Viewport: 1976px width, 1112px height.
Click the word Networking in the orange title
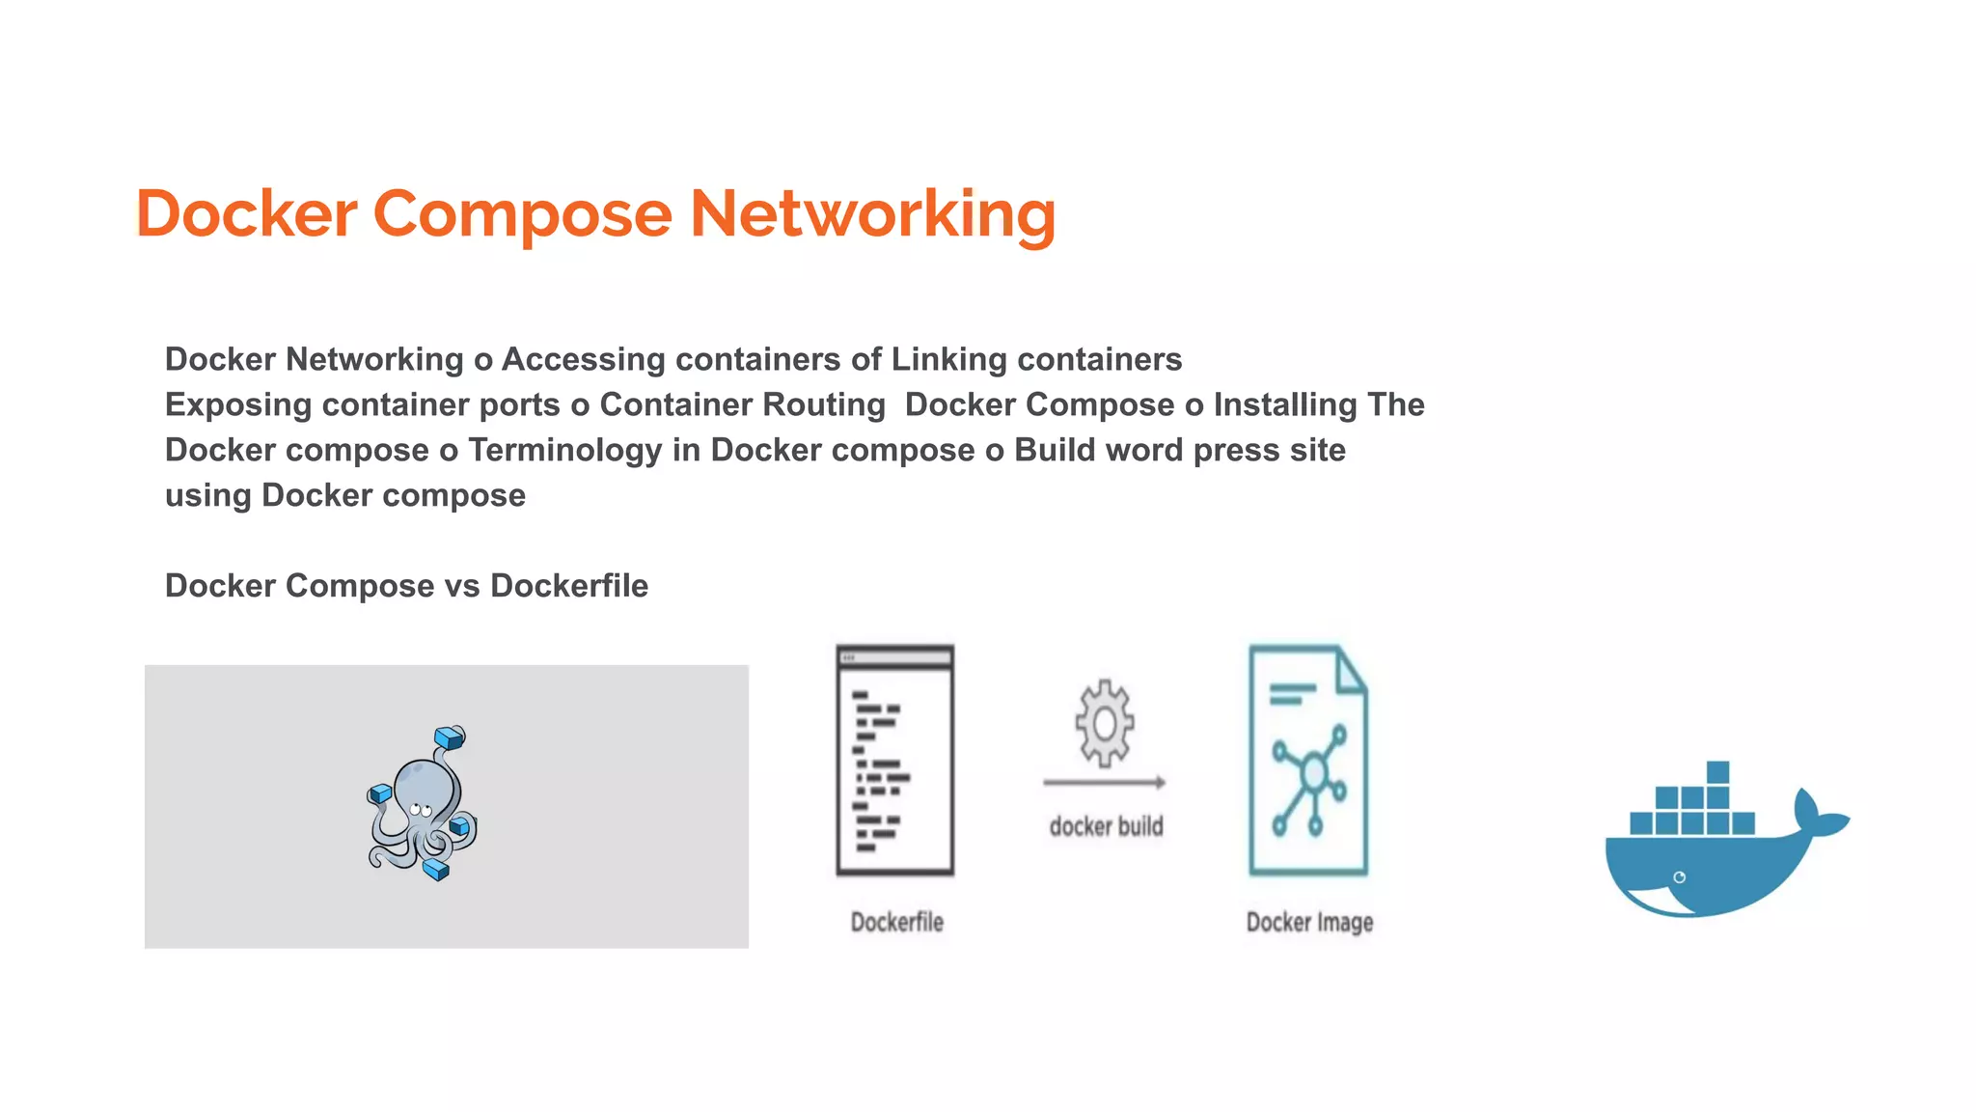tap(872, 213)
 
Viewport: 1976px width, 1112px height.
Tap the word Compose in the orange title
tap(522, 213)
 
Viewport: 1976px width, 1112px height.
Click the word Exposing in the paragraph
tap(238, 404)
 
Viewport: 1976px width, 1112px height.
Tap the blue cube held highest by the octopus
tap(450, 738)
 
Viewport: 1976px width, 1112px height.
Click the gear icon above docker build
tap(1105, 723)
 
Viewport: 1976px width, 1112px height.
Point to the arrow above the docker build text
tap(1105, 782)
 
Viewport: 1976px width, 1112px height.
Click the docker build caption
tap(1106, 826)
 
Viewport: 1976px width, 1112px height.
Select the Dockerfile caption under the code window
tap(896, 922)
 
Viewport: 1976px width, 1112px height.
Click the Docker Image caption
tap(1309, 922)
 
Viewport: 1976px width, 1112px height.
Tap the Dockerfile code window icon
tap(894, 761)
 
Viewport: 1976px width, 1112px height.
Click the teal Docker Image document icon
tap(1308, 761)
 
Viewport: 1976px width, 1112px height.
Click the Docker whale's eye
tap(1680, 876)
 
